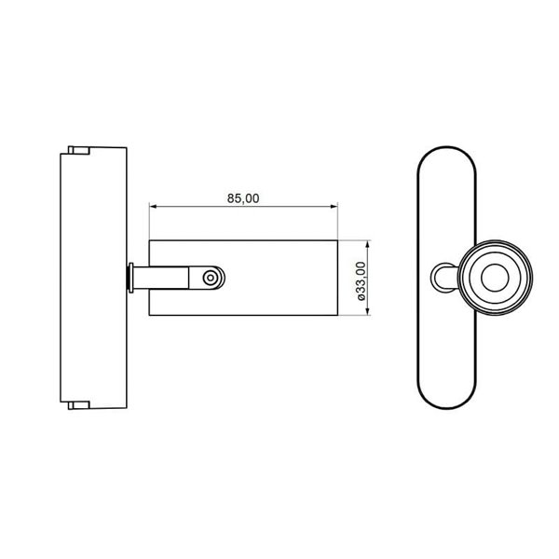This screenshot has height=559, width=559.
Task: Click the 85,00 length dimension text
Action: [x=242, y=198]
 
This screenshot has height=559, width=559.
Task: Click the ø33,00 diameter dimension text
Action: [x=361, y=279]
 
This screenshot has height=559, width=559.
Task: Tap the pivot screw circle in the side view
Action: [x=212, y=277]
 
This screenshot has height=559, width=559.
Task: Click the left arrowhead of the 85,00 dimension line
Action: [x=154, y=208]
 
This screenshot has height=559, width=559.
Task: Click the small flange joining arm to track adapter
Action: [x=130, y=277]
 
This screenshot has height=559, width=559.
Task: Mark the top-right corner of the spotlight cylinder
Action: [x=336, y=240]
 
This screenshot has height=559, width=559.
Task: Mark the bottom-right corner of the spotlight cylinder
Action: [x=336, y=314]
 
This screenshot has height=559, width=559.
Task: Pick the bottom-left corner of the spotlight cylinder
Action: [x=149, y=314]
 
